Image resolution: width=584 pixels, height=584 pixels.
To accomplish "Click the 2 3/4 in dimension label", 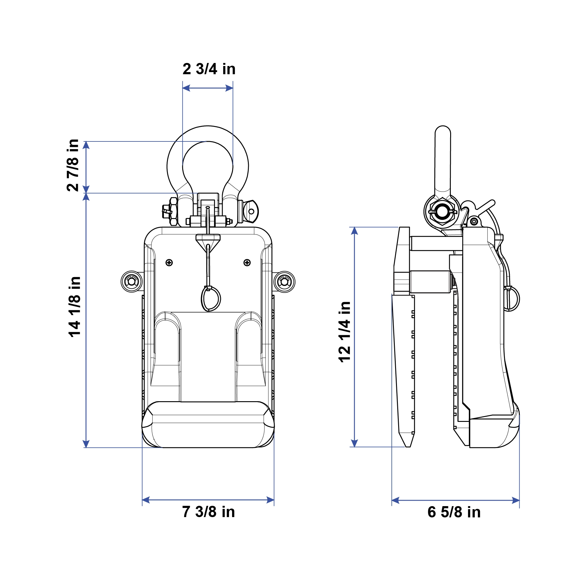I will point(209,69).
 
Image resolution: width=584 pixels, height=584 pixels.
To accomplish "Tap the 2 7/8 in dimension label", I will point(73,165).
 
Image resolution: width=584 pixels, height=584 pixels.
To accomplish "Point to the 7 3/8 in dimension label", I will point(209,512).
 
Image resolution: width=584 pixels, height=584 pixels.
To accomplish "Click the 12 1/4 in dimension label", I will point(345,332).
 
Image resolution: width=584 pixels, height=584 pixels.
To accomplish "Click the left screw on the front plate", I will point(169,262).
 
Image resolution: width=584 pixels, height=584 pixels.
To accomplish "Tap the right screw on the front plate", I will point(247,262).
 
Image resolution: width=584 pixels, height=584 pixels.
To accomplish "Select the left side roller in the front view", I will point(132,282).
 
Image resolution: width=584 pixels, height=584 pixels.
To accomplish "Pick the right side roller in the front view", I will point(284,282).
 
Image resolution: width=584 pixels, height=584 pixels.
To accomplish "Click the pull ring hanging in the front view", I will point(211,299).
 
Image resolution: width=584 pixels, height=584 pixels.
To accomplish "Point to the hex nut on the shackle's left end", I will point(173,211).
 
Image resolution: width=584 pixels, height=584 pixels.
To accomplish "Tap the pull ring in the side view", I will point(512,299).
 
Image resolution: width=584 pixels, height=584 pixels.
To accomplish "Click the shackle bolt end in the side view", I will point(442,212).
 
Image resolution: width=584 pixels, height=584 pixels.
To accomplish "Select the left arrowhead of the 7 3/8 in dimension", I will point(146,500).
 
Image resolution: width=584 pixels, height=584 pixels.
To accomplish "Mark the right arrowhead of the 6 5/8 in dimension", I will point(516,500).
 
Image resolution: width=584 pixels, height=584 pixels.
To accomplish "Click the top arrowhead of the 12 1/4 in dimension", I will point(354,231).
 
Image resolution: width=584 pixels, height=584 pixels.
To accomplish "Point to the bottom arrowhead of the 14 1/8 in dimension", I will point(86,444).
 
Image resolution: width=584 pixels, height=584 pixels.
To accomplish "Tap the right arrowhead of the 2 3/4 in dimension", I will point(230,88).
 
